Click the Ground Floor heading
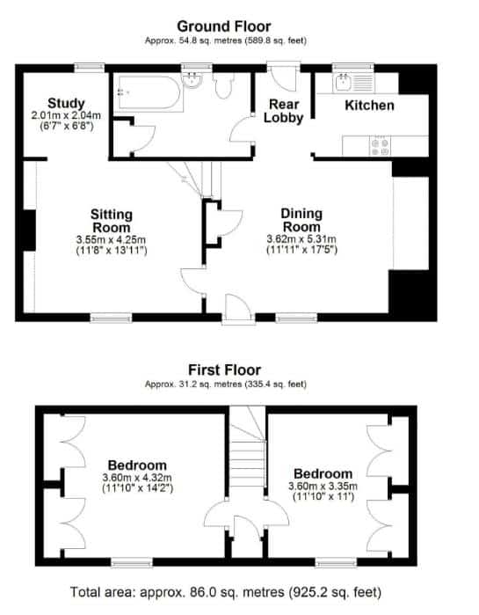pyautogui.click(x=223, y=26)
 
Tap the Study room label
pyautogui.click(x=66, y=103)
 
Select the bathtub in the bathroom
pyautogui.click(x=149, y=92)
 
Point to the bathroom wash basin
pyautogui.click(x=192, y=80)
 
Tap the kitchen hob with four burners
pyautogui.click(x=381, y=146)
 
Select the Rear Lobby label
pyautogui.click(x=284, y=111)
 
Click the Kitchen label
pyautogui.click(x=369, y=105)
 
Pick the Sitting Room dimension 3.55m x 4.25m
pyautogui.click(x=112, y=239)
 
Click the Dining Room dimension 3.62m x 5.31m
pyautogui.click(x=301, y=238)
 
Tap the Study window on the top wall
pyautogui.click(x=90, y=68)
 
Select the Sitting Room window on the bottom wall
pyautogui.click(x=112, y=318)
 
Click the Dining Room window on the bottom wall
pyautogui.click(x=296, y=318)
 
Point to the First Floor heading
pyautogui.click(x=224, y=370)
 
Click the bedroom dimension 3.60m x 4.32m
pyautogui.click(x=137, y=478)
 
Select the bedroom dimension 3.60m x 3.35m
pyautogui.click(x=323, y=487)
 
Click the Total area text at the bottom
pyautogui.click(x=226, y=591)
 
